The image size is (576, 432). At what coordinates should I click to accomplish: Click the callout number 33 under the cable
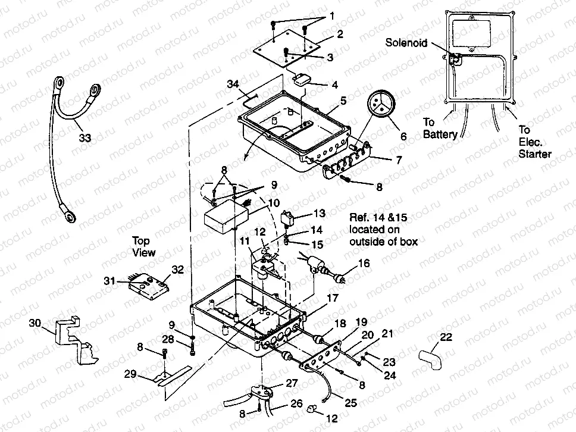pyautogui.click(x=85, y=137)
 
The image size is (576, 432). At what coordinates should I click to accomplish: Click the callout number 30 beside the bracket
pyautogui.click(x=35, y=323)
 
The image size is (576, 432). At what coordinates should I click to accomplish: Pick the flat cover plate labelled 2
pyautogui.click(x=292, y=49)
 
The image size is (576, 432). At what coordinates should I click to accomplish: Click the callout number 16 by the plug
pyautogui.click(x=363, y=262)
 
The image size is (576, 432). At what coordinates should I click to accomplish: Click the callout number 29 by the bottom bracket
pyautogui.click(x=130, y=374)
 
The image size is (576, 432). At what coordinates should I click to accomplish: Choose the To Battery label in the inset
pyautogui.click(x=440, y=128)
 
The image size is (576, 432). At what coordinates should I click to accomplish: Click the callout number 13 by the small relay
pyautogui.click(x=320, y=213)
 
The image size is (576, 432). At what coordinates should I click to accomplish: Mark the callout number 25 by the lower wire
pyautogui.click(x=350, y=403)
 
